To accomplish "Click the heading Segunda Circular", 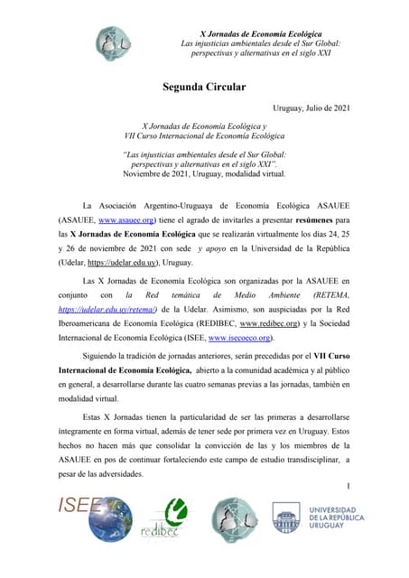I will (x=204, y=88).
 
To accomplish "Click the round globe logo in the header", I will (x=116, y=44).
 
